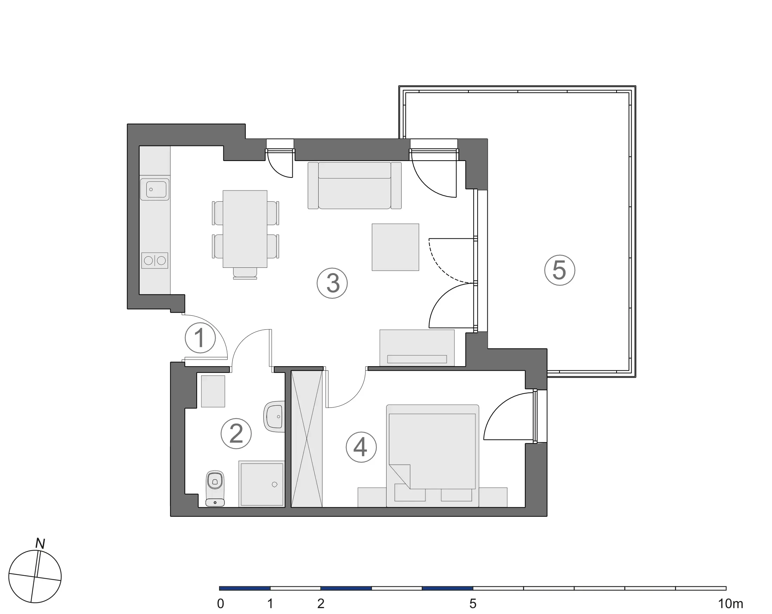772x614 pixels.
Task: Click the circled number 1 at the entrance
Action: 200,337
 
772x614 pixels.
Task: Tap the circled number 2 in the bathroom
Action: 236,434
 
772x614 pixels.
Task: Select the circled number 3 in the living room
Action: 332,283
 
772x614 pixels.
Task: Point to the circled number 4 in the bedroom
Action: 361,447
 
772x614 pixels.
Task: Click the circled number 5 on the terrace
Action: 559,270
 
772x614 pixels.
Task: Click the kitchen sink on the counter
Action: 155,189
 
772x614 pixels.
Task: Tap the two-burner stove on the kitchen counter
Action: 155,260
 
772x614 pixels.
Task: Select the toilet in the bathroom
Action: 215,488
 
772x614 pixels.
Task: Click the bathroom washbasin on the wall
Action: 274,416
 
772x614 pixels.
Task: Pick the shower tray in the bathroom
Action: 262,484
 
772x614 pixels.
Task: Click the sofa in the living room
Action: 354,186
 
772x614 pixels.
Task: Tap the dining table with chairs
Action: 245,229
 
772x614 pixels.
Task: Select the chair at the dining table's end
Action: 245,273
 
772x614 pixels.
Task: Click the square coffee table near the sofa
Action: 395,247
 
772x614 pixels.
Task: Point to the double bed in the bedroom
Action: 432,455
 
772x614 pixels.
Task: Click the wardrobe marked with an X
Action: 306,439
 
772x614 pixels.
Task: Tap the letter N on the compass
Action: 40,544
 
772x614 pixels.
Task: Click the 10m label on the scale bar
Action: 730,604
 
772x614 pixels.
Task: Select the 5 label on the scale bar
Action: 473,604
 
